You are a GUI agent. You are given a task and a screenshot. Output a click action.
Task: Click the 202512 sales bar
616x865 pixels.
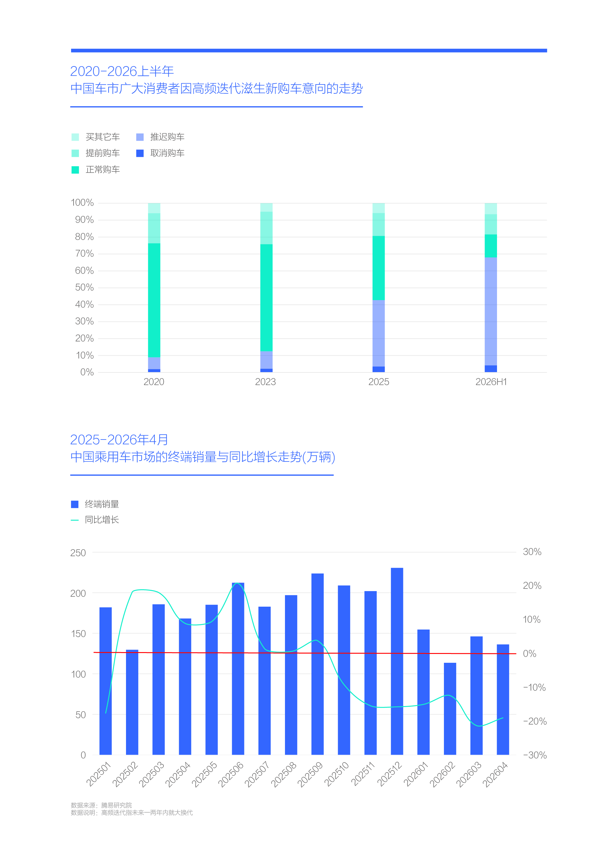point(397,661)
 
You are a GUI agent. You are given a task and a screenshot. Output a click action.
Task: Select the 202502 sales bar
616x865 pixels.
point(132,702)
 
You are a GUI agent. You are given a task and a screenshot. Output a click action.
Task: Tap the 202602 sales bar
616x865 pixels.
point(450,709)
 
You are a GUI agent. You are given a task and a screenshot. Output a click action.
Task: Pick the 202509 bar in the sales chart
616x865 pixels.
point(318,664)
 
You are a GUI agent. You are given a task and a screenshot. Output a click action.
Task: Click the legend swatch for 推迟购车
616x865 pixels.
point(140,137)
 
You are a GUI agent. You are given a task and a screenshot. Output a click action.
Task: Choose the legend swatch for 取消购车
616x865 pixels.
point(140,153)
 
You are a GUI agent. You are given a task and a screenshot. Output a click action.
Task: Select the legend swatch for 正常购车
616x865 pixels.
point(75,170)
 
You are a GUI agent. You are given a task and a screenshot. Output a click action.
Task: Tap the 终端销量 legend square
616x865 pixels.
point(75,504)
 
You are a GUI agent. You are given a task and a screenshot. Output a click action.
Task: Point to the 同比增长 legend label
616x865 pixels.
point(102,519)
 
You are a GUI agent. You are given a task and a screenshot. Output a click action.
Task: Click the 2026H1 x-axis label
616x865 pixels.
point(491,382)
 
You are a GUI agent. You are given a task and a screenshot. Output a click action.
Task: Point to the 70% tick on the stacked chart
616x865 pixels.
point(84,254)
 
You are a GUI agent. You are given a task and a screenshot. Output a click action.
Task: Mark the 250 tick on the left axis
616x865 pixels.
point(78,553)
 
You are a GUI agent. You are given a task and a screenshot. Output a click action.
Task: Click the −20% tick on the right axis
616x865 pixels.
point(535,721)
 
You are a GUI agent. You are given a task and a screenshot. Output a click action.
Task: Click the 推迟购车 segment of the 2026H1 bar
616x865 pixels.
point(491,311)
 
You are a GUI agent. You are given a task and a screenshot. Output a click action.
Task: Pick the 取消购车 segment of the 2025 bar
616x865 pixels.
point(379,369)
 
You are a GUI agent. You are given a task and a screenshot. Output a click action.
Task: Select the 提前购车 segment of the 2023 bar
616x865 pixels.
point(266,228)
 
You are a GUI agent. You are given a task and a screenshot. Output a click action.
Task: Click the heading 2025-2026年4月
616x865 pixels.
point(119,440)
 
